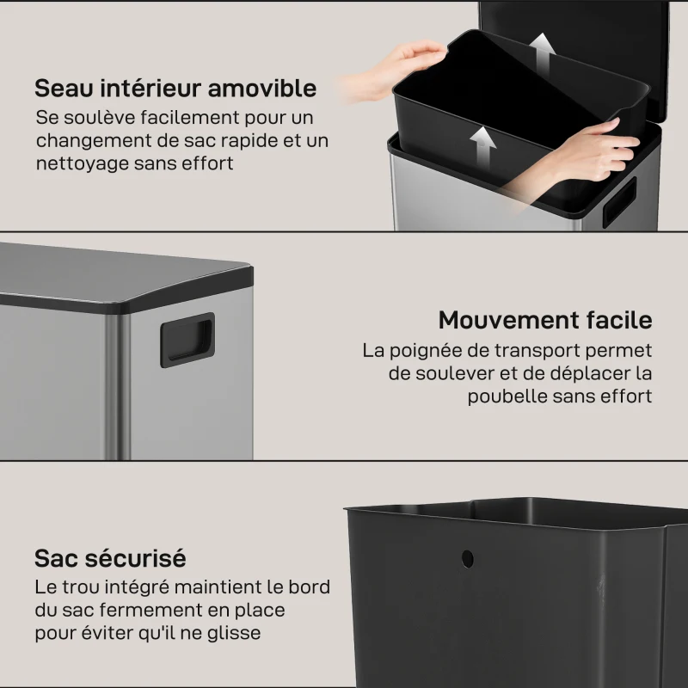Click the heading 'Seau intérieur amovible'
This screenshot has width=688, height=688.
click(175, 89)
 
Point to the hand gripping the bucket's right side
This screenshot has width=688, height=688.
click(593, 150)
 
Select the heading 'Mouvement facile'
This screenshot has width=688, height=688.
click(544, 321)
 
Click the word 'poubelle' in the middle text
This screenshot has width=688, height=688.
click(507, 396)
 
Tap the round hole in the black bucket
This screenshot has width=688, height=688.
click(467, 558)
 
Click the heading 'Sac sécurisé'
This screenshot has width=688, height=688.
click(110, 558)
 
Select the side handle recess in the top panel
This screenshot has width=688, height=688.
click(618, 201)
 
